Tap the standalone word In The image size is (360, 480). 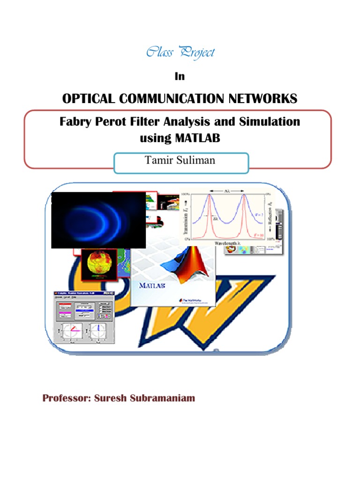click(180, 76)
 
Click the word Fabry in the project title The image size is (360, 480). click(75, 122)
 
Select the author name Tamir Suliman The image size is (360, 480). click(180, 160)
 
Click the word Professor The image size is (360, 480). click(67, 399)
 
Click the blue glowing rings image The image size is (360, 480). click(98, 219)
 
